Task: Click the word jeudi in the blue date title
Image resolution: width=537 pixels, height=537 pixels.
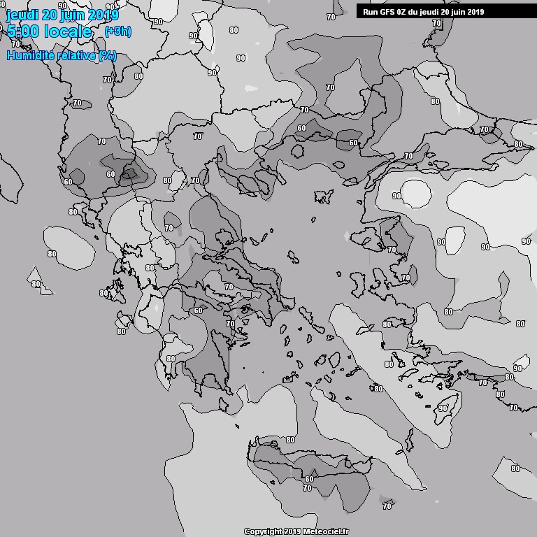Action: pos(22,15)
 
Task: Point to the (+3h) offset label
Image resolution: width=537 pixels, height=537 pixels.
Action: pos(117,31)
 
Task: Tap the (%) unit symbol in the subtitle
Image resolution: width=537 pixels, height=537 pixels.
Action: pos(107,55)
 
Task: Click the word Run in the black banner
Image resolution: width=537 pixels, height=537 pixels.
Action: pos(371,12)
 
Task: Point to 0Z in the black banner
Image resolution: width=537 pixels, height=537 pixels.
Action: pos(403,12)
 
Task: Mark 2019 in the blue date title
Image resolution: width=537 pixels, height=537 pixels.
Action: pos(105,15)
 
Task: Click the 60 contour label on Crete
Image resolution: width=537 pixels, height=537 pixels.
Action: pos(309,478)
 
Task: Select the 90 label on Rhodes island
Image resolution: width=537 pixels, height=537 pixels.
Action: pos(443,408)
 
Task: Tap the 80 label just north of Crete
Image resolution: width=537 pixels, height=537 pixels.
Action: pos(290,440)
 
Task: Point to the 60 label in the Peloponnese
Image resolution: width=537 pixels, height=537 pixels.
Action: pos(198,310)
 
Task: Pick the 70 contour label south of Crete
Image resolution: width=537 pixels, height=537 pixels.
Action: pos(307,488)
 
